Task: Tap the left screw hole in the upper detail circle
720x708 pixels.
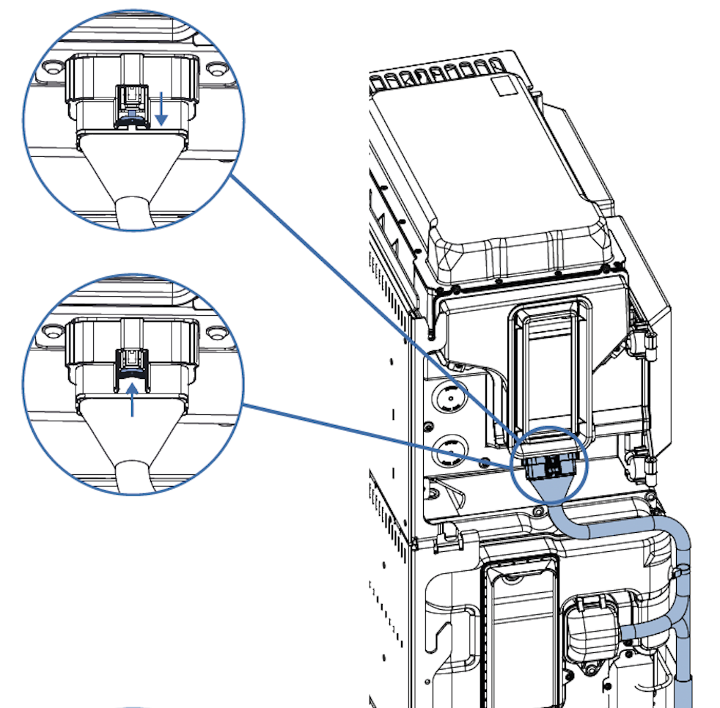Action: coord(51,67)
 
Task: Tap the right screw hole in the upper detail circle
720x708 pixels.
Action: coord(214,68)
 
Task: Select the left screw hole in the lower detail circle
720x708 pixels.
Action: coord(51,331)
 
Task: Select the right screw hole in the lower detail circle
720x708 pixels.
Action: coord(214,332)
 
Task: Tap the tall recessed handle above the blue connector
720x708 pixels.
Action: coord(550,366)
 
